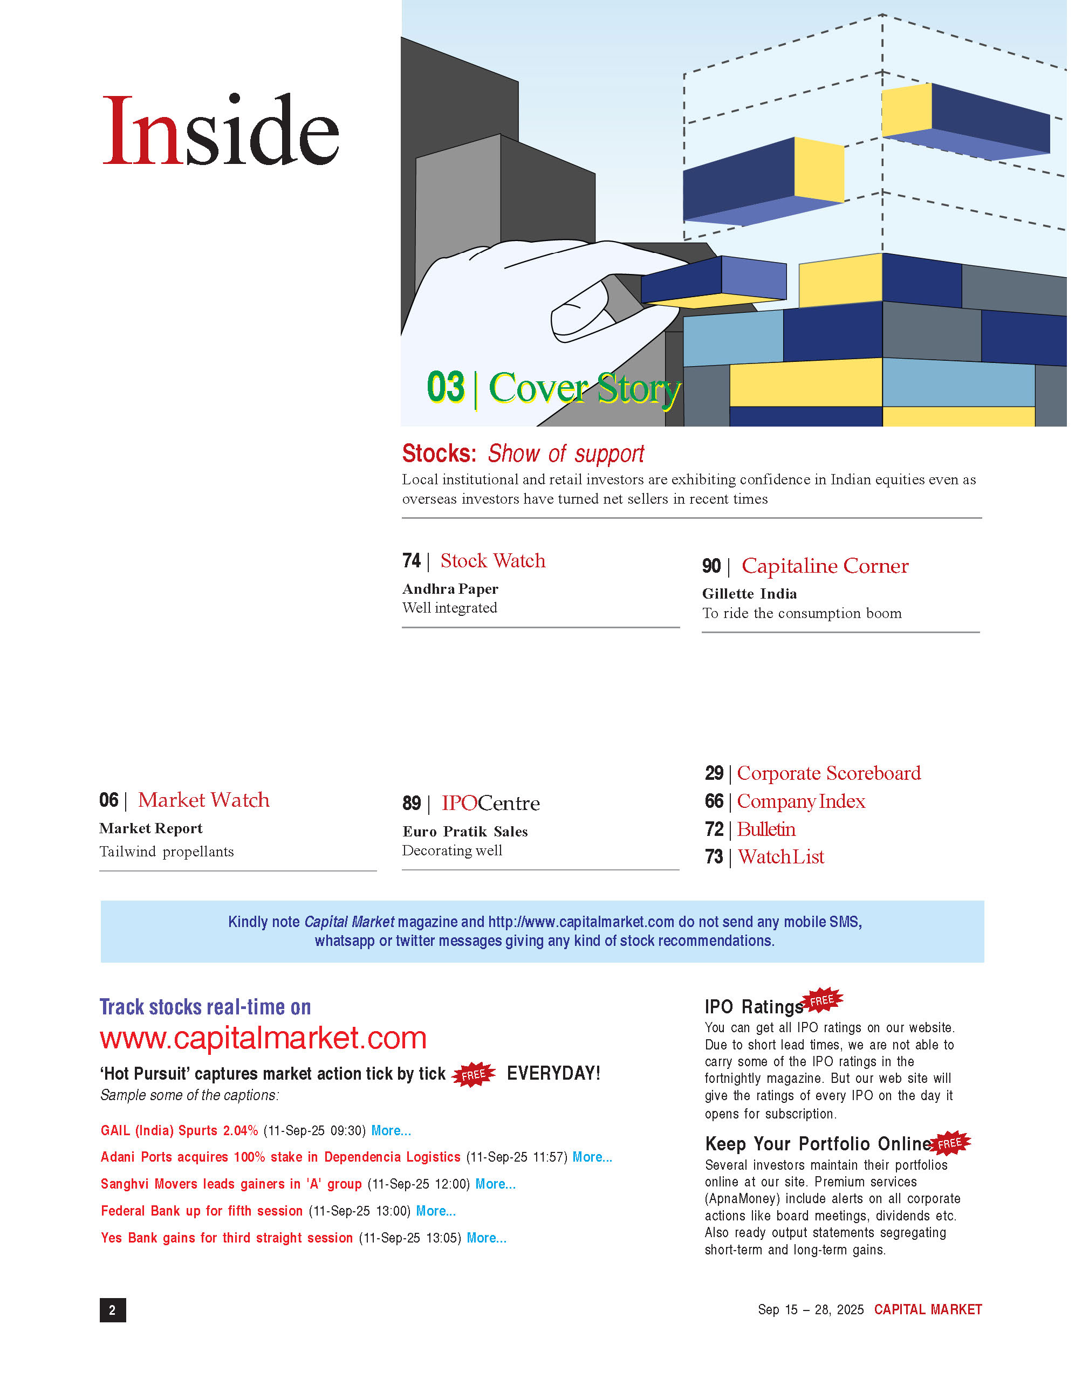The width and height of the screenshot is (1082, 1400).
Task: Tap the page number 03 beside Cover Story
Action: pos(446,387)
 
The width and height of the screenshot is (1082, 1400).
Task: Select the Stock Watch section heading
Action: pos(492,561)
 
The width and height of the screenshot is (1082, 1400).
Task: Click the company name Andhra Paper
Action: pos(450,588)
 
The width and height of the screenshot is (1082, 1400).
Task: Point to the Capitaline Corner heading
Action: pos(824,566)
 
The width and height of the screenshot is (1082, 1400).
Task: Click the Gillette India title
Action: pos(749,594)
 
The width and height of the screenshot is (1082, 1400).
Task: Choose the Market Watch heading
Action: pos(203,800)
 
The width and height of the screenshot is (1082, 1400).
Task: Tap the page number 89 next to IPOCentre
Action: pos(412,803)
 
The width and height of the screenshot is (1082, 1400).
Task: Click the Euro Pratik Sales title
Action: pos(465,832)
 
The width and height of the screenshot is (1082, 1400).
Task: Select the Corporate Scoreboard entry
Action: pos(828,773)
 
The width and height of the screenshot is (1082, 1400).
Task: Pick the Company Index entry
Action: pos(800,801)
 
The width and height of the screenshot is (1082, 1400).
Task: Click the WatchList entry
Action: pos(780,857)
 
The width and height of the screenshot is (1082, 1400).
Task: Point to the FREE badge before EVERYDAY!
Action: pos(474,1074)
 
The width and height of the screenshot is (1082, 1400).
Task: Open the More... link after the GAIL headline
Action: pos(391,1131)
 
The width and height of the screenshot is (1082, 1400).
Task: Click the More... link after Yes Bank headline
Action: pos(486,1238)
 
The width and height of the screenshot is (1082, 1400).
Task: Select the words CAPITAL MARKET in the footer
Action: pos(928,1309)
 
